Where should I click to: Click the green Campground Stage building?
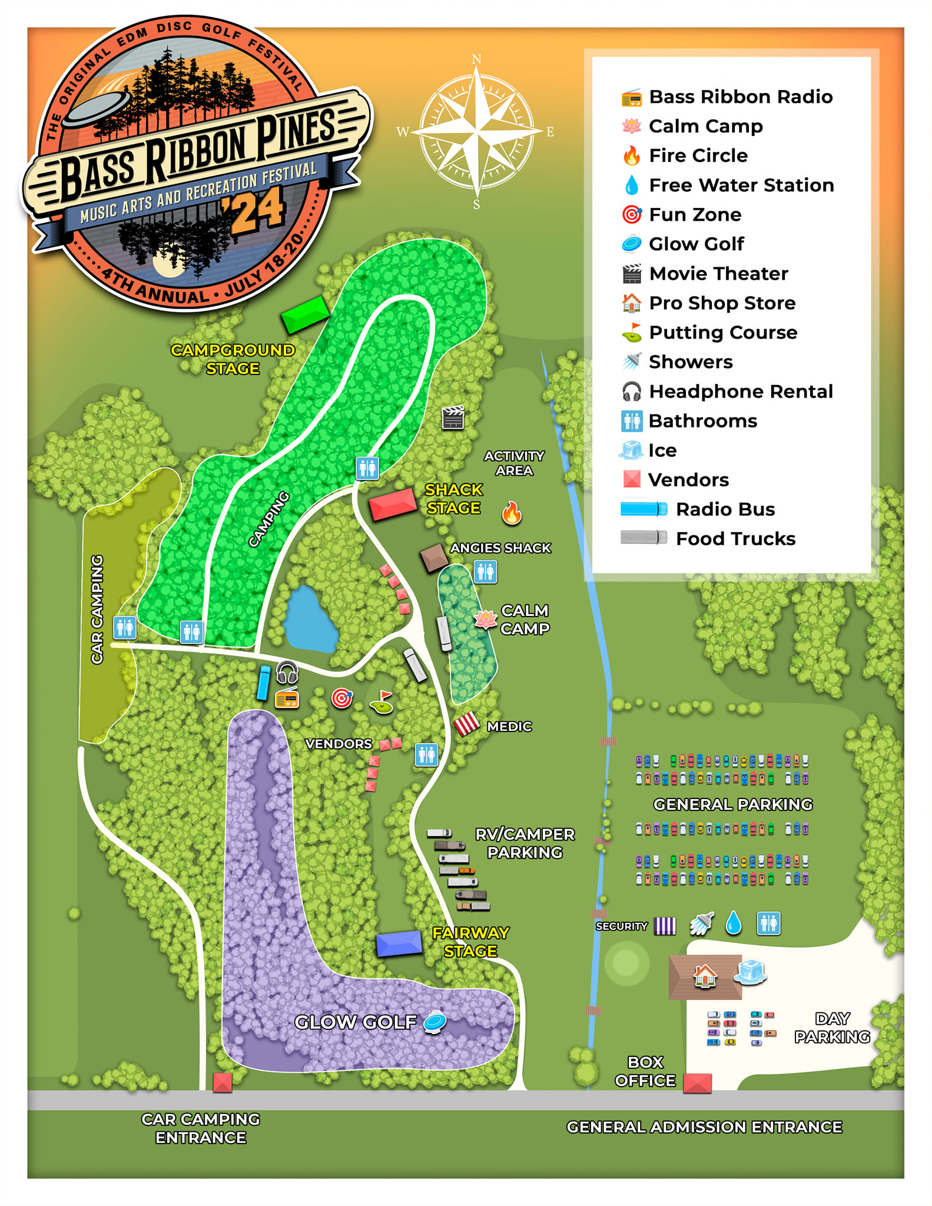[304, 314]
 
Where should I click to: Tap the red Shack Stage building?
[393, 504]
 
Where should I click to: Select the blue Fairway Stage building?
[399, 944]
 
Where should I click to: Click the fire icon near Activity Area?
[512, 513]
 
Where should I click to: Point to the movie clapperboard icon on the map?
[453, 418]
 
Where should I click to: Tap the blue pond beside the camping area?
[309, 621]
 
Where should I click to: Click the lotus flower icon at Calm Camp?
[485, 619]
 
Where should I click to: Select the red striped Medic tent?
[466, 724]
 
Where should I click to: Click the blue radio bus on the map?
[264, 682]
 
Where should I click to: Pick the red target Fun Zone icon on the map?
[341, 698]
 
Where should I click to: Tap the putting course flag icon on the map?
[382, 702]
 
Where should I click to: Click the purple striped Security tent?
[665, 926]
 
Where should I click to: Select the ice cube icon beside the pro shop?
[750, 972]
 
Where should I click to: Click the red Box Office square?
[697, 1083]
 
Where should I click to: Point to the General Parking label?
[732, 804]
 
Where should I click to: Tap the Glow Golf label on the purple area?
[355, 1022]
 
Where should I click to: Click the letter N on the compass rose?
[477, 59]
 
